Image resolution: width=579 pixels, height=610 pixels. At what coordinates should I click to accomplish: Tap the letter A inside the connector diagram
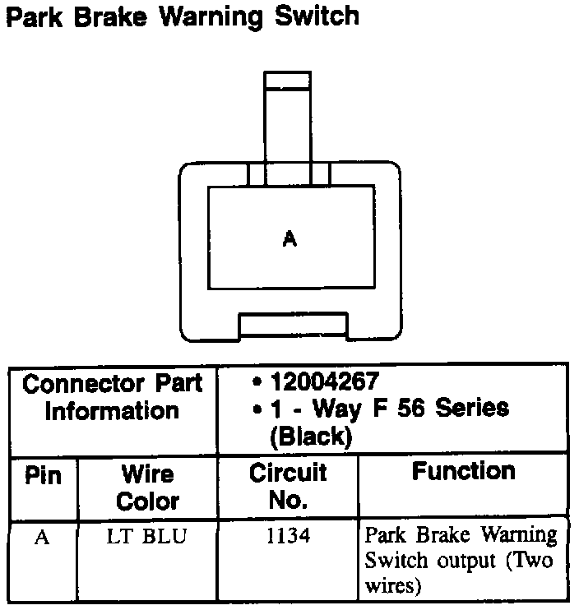pos(289,239)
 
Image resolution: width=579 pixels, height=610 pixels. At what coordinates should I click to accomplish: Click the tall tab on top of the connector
pos(288,115)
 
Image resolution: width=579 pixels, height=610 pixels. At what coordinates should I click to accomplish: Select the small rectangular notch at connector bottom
pos(292,326)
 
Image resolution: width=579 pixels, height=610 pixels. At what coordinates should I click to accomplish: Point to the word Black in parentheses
pos(311,437)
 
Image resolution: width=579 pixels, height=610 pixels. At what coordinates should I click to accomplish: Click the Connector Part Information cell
pos(113,397)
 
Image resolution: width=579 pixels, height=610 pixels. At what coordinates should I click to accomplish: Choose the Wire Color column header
pos(148,488)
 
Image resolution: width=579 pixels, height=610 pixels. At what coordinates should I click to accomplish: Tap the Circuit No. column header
pos(288,486)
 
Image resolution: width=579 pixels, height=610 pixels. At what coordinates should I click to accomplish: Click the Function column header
pos(464,472)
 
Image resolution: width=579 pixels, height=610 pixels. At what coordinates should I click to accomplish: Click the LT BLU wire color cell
pos(147,538)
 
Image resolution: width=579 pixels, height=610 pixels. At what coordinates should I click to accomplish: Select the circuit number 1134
pos(288,537)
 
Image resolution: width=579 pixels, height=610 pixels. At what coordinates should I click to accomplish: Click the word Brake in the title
pos(107,16)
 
